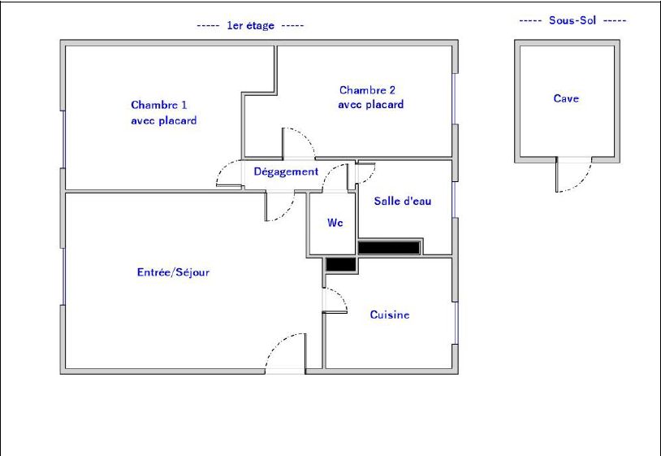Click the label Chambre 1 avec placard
163,113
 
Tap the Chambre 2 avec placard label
371,98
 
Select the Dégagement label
286,172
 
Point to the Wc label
335,222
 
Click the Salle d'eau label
403,201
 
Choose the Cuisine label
390,315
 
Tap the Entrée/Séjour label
173,272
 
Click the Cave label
566,98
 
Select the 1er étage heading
250,25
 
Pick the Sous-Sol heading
572,20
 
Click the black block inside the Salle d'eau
389,248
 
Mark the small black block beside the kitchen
341,264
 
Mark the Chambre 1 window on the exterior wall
63,140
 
